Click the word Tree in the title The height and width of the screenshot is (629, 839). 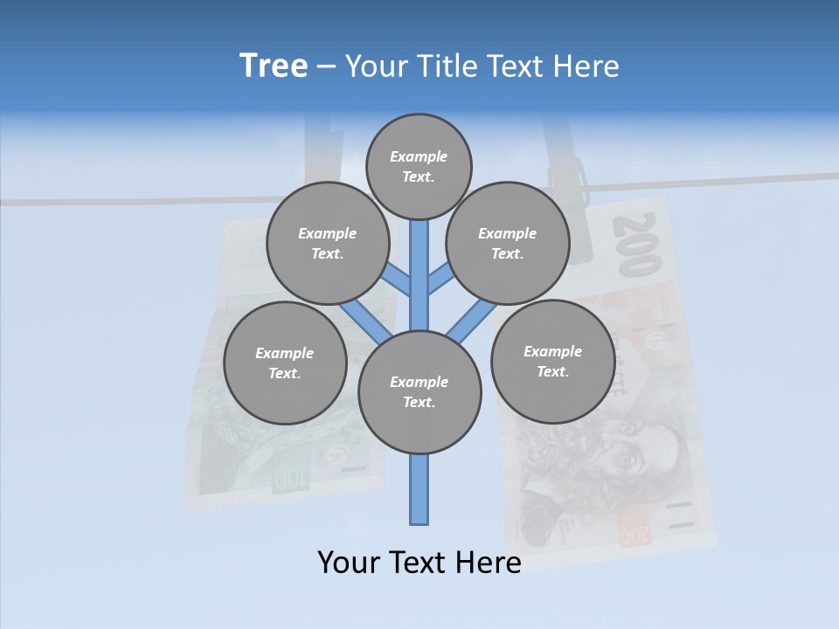pyautogui.click(x=274, y=66)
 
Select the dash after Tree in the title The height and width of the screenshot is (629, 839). pyautogui.click(x=326, y=67)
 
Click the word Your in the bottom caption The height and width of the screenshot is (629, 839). pyautogui.click(x=349, y=563)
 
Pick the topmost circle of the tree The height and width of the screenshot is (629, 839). pyautogui.click(x=419, y=166)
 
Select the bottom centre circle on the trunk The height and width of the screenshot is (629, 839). pyautogui.click(x=419, y=392)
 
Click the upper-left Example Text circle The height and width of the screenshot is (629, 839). pyautogui.click(x=328, y=243)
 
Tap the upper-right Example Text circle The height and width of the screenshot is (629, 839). pyautogui.click(x=508, y=243)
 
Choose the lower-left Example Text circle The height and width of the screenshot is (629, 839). pyautogui.click(x=285, y=363)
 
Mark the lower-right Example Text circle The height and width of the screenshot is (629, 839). pyautogui.click(x=552, y=361)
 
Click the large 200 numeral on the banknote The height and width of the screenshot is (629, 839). pyautogui.click(x=636, y=245)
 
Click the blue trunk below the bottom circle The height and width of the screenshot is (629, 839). pyautogui.click(x=419, y=489)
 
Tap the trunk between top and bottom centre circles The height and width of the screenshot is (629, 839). pyautogui.click(x=419, y=271)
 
